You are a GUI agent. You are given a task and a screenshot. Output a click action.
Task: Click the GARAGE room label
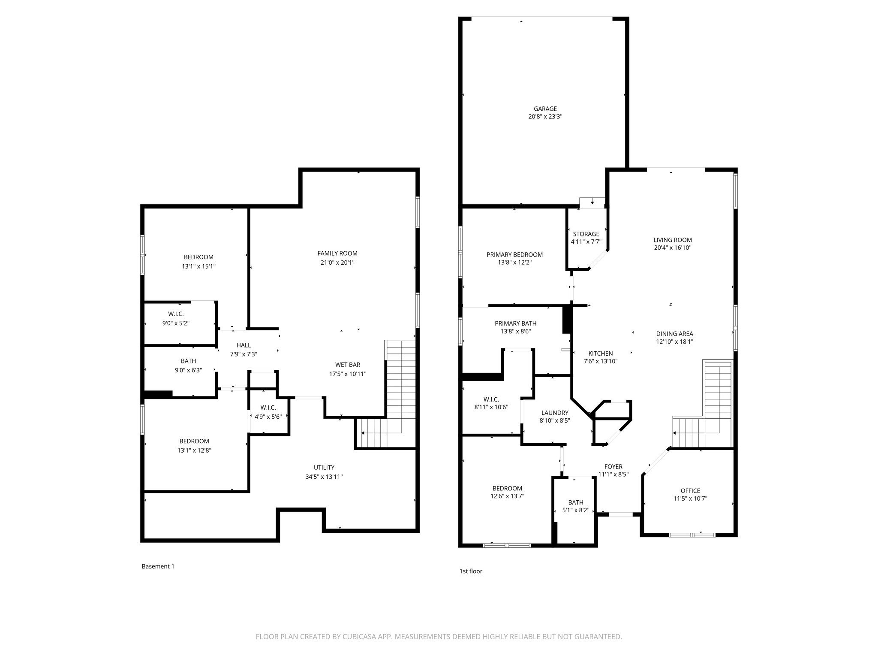click(545, 109)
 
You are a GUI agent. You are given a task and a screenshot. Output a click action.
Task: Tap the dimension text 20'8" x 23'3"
click(545, 117)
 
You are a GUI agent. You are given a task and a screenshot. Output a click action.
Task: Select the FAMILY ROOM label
click(337, 254)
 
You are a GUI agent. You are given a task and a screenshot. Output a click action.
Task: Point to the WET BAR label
click(348, 365)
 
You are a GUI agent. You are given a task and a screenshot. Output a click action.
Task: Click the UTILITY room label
click(324, 468)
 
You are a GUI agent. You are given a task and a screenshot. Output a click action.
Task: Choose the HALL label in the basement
click(244, 345)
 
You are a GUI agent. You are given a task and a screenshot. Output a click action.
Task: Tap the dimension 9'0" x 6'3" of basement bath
click(188, 370)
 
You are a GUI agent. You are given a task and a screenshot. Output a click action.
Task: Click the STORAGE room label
click(586, 234)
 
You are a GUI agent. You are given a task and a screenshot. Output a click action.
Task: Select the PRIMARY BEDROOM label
click(514, 255)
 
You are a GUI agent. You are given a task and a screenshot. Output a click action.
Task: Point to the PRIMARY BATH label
click(515, 323)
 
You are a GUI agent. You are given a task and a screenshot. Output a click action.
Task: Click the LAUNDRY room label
click(555, 413)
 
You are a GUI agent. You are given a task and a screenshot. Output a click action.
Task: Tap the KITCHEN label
click(600, 354)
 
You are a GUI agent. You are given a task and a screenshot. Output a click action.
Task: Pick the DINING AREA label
click(674, 334)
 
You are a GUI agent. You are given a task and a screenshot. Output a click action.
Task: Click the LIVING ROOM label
click(672, 240)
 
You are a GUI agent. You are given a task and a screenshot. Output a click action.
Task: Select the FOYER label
click(613, 467)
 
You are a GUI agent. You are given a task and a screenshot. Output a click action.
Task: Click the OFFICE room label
click(690, 491)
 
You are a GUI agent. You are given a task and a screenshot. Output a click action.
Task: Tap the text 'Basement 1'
click(158, 566)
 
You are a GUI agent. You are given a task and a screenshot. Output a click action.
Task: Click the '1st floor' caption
click(471, 571)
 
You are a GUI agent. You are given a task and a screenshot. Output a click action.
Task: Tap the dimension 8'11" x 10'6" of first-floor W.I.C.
click(491, 407)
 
